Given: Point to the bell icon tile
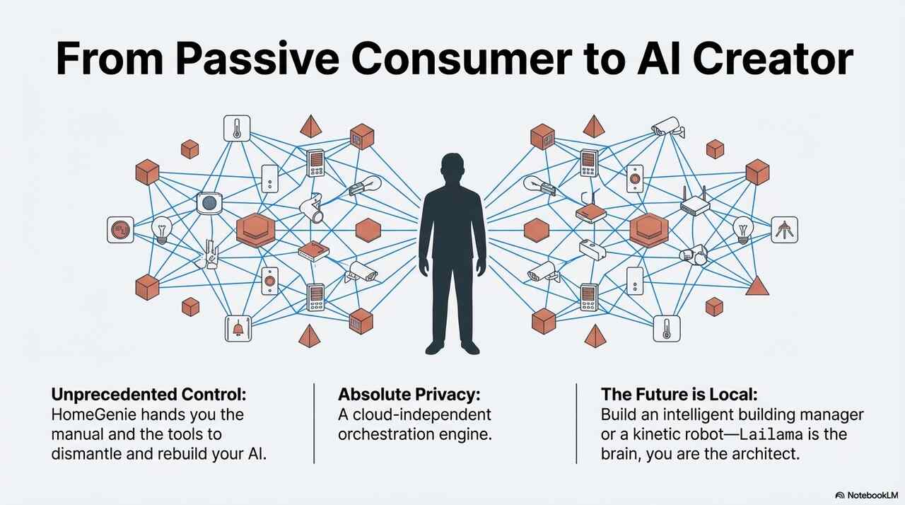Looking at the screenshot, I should coord(238,328).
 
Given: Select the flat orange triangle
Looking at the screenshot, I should coord(757,286).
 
